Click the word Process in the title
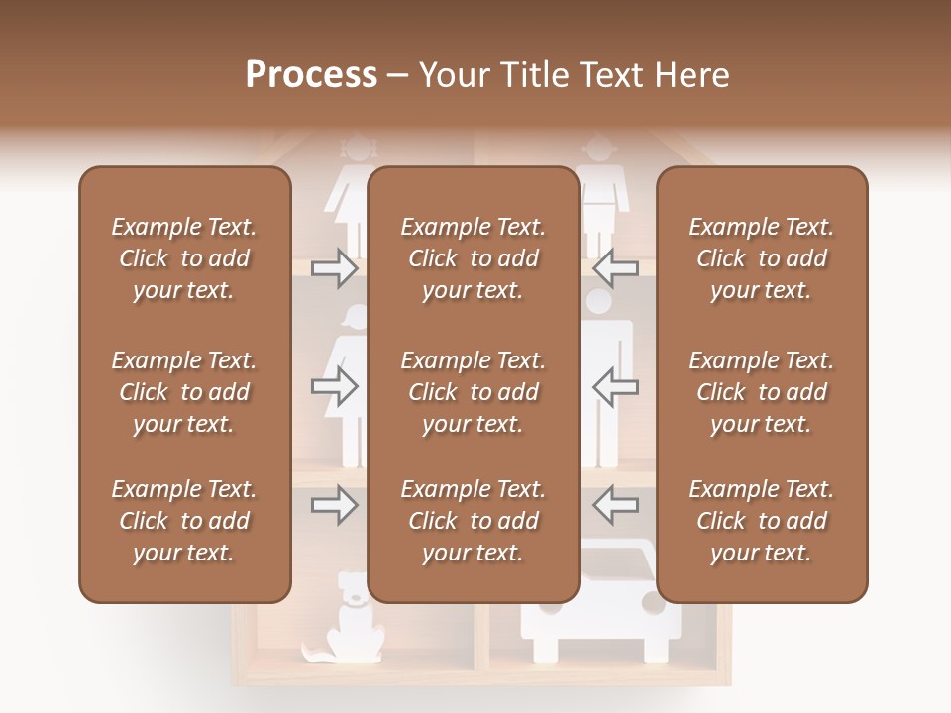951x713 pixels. click(311, 75)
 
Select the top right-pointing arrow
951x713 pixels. click(334, 267)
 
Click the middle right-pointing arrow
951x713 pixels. click(334, 387)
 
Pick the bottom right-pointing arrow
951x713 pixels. click(334, 506)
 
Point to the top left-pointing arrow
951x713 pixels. click(615, 267)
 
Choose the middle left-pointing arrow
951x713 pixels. click(615, 387)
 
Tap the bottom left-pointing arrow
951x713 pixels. click(615, 506)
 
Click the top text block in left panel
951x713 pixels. click(184, 258)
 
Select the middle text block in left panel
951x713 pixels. click(184, 392)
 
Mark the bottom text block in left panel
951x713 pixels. click(184, 521)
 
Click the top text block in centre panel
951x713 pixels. click(473, 258)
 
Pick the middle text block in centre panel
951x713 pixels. click(473, 392)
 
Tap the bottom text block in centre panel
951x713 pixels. click(473, 521)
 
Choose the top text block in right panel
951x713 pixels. click(762, 258)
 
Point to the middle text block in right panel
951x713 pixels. click(762, 392)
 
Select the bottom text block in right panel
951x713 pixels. click(762, 521)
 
